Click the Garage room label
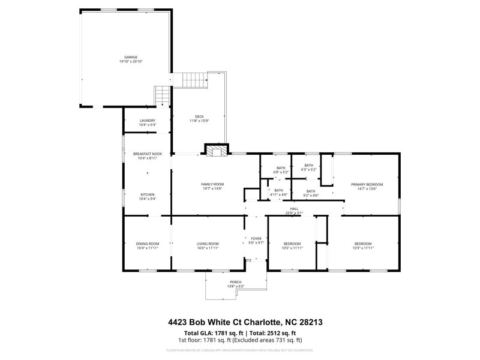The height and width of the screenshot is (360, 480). point(130,57)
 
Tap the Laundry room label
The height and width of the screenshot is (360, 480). point(148,121)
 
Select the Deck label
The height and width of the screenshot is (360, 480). point(199,116)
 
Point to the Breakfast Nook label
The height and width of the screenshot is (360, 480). point(148,154)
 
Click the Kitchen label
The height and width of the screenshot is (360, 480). point(148,194)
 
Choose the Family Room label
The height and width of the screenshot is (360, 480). point(212,184)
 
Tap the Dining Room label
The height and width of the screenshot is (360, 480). point(147,244)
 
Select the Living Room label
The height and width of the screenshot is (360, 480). point(208,244)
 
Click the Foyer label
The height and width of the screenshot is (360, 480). point(256,239)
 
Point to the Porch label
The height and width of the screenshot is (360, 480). point(235,282)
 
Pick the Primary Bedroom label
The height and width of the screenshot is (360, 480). point(367,184)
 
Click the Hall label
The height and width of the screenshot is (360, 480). point(295,209)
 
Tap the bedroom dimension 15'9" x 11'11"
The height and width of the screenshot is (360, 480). point(362,247)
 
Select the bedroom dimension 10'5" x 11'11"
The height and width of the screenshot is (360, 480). point(292,247)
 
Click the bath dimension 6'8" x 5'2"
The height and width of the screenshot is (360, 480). point(281,172)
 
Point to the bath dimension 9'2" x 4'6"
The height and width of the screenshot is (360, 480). point(310,195)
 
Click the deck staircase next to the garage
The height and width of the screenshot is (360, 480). point(194,79)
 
